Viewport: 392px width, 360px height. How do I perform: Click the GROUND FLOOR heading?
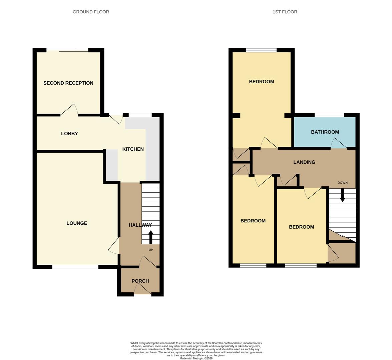coord(91,12)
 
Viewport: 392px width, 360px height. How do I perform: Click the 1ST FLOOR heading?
coord(285,12)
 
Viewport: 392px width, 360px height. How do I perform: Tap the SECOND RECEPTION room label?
coord(68,83)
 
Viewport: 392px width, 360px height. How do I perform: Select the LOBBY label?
coord(69,134)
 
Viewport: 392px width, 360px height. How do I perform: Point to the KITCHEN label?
coord(133,149)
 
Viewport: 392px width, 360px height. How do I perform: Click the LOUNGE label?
coord(77,223)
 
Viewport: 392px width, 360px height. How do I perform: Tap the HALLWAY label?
coord(140,225)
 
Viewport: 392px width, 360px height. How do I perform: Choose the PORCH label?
coord(140,281)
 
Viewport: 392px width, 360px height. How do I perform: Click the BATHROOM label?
coord(325,132)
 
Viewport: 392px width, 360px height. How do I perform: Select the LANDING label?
coord(304,162)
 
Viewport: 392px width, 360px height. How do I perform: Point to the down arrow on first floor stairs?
coord(342,195)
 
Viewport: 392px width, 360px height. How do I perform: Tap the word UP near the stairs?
coord(150,250)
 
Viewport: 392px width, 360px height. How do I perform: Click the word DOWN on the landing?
coord(342,183)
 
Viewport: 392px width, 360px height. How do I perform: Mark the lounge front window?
coord(75,267)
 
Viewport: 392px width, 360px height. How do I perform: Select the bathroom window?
coord(329,115)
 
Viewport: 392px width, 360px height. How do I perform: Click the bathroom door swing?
coord(338,144)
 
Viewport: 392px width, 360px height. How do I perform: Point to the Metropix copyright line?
coord(196,358)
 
